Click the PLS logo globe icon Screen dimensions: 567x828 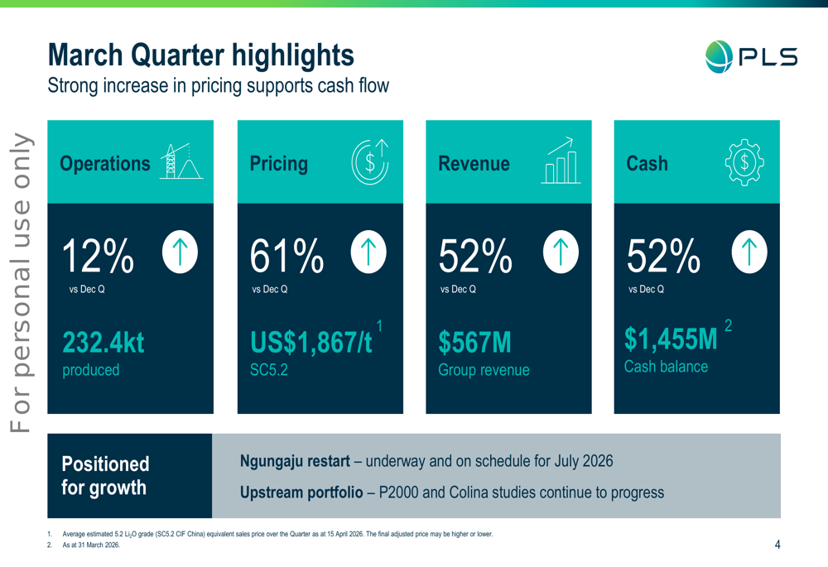point(720,56)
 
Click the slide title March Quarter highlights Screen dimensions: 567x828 point(201,55)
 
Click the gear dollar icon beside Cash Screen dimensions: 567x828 point(744,161)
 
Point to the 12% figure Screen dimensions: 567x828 point(99,257)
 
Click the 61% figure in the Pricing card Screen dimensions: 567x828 point(286,257)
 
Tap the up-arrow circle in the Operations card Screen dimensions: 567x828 point(180,252)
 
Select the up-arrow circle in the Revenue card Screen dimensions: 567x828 point(561,252)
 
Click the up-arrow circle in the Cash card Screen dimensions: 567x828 point(749,252)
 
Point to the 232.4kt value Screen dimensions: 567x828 point(103,343)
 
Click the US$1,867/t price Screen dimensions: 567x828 point(311,343)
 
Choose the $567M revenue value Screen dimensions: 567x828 point(474,343)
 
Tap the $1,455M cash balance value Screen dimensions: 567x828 point(671,339)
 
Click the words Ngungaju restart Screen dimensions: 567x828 point(295,461)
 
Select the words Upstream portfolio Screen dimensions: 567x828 point(301,493)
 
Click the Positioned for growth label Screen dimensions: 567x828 point(105,475)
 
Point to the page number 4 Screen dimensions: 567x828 point(777,545)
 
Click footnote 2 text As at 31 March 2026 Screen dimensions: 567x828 point(91,545)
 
